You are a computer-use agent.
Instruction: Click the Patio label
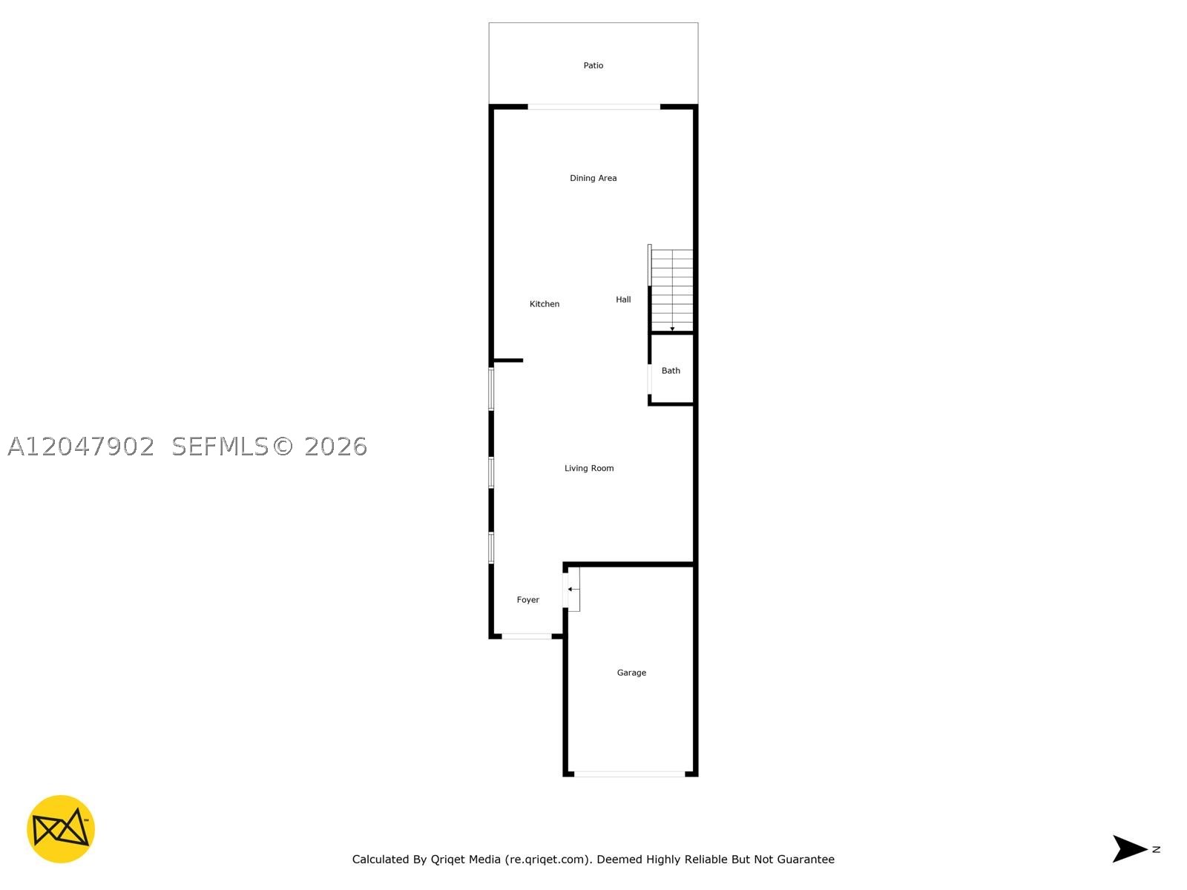click(x=593, y=65)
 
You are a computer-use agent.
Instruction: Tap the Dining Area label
click(x=593, y=178)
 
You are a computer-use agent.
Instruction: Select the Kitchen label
click(x=544, y=303)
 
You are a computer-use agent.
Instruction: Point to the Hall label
click(x=623, y=300)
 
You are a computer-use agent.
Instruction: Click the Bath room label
click(x=671, y=371)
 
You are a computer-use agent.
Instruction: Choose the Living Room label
click(x=589, y=468)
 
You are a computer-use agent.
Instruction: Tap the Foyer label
click(x=527, y=599)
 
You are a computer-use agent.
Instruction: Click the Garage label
click(x=631, y=672)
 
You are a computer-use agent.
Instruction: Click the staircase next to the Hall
click(x=671, y=290)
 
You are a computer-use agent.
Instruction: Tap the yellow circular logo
click(x=61, y=828)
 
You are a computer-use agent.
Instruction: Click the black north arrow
click(x=1129, y=848)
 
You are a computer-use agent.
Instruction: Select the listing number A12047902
click(x=81, y=446)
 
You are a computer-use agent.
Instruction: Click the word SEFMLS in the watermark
click(x=220, y=446)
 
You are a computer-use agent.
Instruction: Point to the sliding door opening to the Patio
click(x=593, y=107)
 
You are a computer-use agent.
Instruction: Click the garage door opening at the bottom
click(x=629, y=774)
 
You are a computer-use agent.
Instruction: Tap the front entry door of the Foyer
click(x=527, y=636)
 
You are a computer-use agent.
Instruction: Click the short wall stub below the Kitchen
click(x=508, y=360)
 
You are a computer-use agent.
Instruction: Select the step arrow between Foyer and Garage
click(x=573, y=589)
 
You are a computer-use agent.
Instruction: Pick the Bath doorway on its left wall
click(x=649, y=380)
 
